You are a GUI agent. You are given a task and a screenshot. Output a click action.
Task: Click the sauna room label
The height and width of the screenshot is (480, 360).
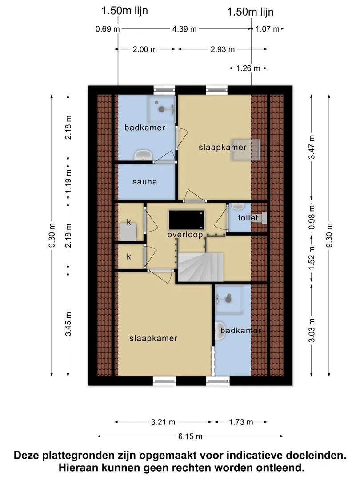(x=144, y=182)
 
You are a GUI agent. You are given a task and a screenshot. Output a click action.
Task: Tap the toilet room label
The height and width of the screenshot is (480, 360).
(x=248, y=218)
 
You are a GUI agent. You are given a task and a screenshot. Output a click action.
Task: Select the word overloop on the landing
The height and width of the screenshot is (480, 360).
(x=185, y=235)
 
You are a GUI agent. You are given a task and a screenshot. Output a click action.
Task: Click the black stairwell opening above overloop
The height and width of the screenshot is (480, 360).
(x=186, y=220)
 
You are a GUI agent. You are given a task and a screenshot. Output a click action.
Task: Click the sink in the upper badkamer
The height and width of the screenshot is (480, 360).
(x=143, y=156)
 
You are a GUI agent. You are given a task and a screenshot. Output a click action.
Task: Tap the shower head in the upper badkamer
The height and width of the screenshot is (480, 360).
(x=161, y=109)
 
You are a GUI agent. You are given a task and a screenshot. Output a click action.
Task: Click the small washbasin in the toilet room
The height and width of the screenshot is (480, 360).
(x=237, y=206)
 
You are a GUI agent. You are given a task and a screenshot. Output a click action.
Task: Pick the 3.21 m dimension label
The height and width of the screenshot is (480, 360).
(x=163, y=422)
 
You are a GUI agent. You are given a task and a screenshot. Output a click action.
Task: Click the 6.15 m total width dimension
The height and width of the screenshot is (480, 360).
(x=190, y=436)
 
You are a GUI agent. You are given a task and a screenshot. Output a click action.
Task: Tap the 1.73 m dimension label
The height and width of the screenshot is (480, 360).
(x=241, y=422)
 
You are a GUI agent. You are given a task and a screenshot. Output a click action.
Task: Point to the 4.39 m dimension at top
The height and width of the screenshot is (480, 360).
(x=184, y=29)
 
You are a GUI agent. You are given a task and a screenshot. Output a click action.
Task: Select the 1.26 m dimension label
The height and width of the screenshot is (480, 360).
(x=248, y=68)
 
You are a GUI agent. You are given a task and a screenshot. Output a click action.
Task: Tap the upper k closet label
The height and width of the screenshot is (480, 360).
(x=129, y=222)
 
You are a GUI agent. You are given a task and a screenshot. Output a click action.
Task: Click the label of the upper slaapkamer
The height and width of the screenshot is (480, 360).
(x=223, y=147)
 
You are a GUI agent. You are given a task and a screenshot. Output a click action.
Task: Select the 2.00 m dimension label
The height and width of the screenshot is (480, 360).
(x=145, y=49)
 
